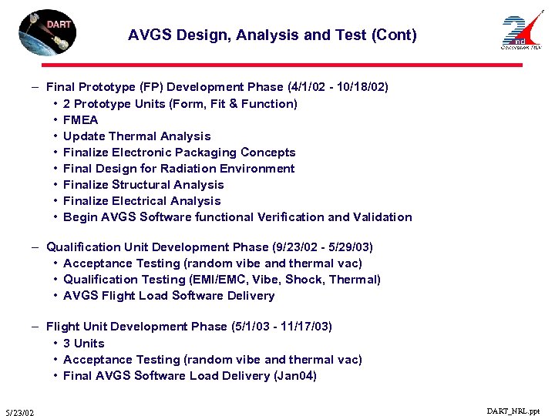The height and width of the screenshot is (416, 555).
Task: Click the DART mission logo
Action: tap(47, 32)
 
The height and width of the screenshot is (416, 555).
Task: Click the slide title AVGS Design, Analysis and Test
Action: tap(272, 35)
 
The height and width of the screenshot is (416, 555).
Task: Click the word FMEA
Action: tap(81, 119)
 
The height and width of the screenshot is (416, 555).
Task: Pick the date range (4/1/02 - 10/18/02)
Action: tap(338, 87)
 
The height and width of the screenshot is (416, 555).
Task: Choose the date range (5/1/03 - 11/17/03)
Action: tap(282, 327)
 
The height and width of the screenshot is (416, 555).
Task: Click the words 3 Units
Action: tap(84, 343)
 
